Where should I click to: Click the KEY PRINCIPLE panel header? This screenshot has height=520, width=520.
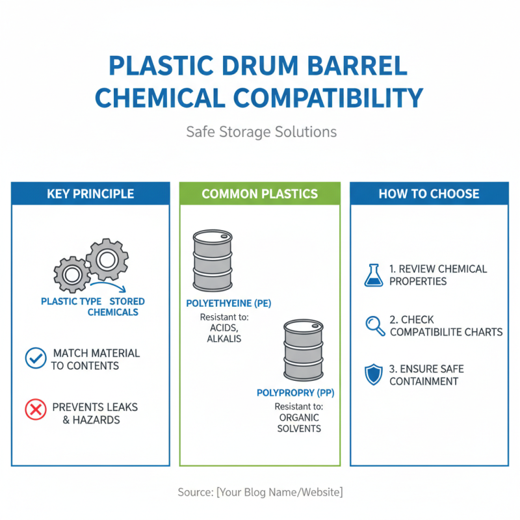tap(90, 194)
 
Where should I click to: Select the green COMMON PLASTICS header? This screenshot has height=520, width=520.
tap(259, 194)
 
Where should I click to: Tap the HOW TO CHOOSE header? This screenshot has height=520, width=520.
tap(429, 194)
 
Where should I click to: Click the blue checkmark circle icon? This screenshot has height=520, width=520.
tap(35, 358)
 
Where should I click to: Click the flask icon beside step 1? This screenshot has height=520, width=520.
tap(373, 275)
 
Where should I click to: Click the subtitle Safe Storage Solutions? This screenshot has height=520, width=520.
tap(261, 132)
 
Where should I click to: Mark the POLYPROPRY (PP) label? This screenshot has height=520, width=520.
tap(296, 393)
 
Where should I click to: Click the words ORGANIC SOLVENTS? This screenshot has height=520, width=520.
tap(298, 423)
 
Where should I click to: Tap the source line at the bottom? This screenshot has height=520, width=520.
tap(260, 492)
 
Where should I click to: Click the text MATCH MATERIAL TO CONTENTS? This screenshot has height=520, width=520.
tap(96, 359)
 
